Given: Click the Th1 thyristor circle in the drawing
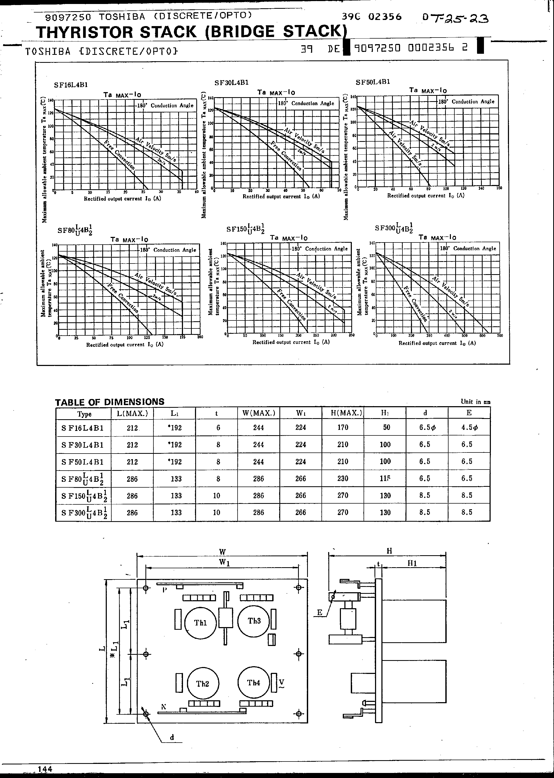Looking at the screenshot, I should click(201, 623).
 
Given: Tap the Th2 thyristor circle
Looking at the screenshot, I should click(203, 684).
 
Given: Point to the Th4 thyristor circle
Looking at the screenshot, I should click(254, 682).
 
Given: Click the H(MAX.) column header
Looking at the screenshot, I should click(343, 413).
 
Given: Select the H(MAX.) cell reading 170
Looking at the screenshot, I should click(343, 427).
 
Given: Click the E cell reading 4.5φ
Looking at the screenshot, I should click(469, 427).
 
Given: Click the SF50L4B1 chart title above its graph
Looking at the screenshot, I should click(373, 82).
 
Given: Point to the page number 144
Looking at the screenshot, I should click(45, 769).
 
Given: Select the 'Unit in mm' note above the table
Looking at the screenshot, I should click(475, 402).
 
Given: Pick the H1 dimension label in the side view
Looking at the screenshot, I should click(412, 563).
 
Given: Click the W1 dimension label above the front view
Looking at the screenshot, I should click(224, 562).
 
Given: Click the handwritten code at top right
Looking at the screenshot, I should click(455, 18).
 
